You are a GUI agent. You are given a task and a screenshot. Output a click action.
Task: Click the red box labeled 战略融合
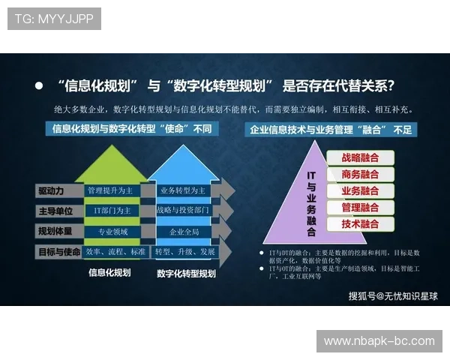[x=360, y=158]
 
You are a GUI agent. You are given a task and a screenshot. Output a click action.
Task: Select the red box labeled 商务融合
[x=360, y=175]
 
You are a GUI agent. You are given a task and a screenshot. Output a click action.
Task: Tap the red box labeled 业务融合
[x=360, y=191]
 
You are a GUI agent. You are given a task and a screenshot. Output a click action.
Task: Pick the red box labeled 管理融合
[x=360, y=208]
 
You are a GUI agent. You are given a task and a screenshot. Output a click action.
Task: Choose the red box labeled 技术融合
[x=360, y=224]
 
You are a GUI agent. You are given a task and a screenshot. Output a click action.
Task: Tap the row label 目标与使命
[x=58, y=252]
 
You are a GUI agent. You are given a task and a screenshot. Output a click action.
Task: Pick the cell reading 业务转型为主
[x=183, y=190]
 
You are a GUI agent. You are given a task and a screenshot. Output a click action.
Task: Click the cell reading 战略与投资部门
[x=183, y=211]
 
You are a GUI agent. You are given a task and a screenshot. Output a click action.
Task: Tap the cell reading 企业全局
[x=183, y=232]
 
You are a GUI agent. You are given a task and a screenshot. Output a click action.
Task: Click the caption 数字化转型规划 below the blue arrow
[x=186, y=274]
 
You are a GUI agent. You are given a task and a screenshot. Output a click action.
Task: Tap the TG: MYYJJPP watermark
[x=54, y=18]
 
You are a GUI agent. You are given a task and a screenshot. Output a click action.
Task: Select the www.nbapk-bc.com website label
[x=379, y=341]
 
